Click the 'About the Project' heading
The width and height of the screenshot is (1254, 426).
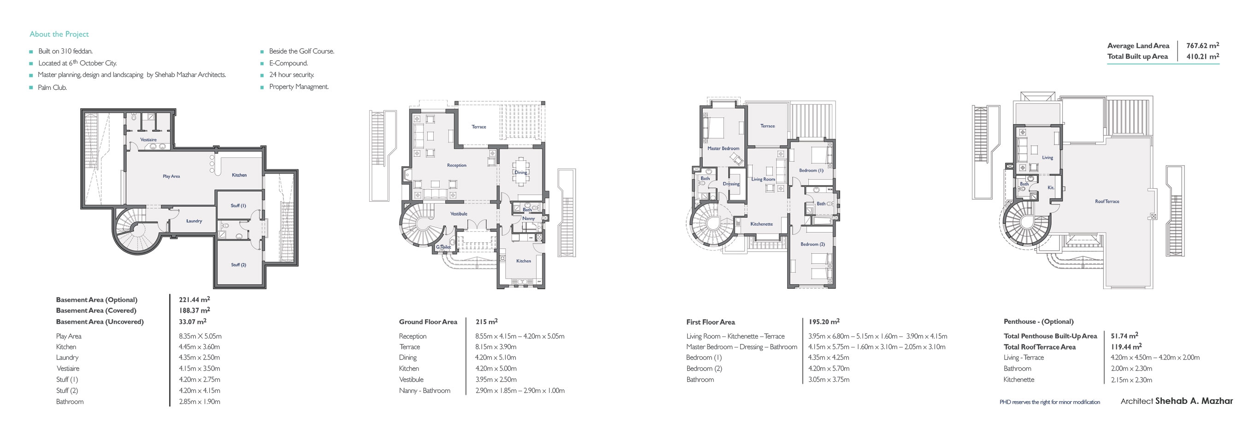(x=59, y=34)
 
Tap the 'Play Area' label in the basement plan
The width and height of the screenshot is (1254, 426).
(x=171, y=176)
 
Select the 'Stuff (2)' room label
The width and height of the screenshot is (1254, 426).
(x=238, y=264)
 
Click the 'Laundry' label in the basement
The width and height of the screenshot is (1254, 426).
(x=194, y=221)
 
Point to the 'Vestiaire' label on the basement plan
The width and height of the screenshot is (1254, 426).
(x=148, y=140)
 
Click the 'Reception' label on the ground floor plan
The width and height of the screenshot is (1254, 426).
(x=456, y=165)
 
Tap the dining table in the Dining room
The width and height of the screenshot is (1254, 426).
(x=521, y=172)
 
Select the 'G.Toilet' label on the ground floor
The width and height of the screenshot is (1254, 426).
(x=443, y=247)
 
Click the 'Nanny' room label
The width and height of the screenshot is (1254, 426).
(x=528, y=218)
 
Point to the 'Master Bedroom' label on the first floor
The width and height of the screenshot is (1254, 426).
(x=723, y=148)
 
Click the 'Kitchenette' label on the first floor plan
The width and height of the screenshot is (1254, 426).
(x=761, y=224)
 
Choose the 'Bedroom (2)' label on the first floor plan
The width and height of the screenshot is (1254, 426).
(x=812, y=244)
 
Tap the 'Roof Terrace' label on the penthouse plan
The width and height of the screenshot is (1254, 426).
(x=1107, y=201)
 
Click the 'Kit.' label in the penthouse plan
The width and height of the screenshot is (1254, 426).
(x=1050, y=188)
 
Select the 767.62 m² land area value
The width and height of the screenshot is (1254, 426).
(x=1202, y=45)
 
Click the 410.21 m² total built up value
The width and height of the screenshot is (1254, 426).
(x=1202, y=56)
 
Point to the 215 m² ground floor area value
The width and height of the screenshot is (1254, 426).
(x=486, y=321)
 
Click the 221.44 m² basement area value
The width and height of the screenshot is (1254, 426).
(x=194, y=299)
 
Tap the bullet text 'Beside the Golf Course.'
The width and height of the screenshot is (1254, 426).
(x=301, y=51)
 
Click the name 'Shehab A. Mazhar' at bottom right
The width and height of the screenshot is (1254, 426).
(x=1194, y=401)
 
